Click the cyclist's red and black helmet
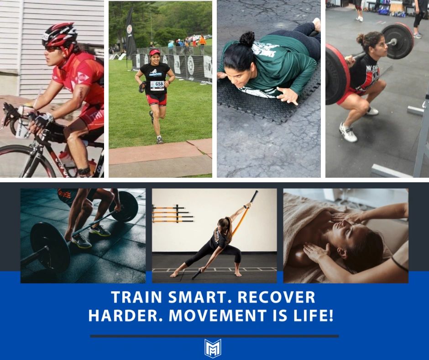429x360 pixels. coord(59,35)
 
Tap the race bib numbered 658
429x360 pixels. coord(157,85)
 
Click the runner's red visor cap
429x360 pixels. coord(155,52)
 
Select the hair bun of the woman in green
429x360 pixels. coord(247,39)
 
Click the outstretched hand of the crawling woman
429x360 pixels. coord(288,95)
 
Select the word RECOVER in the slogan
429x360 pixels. coord(276,297)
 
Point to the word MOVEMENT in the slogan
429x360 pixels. coord(218,315)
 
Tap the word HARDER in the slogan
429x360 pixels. coord(126,315)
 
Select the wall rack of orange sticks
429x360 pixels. coord(173,214)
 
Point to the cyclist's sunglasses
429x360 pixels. coord(52,48)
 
